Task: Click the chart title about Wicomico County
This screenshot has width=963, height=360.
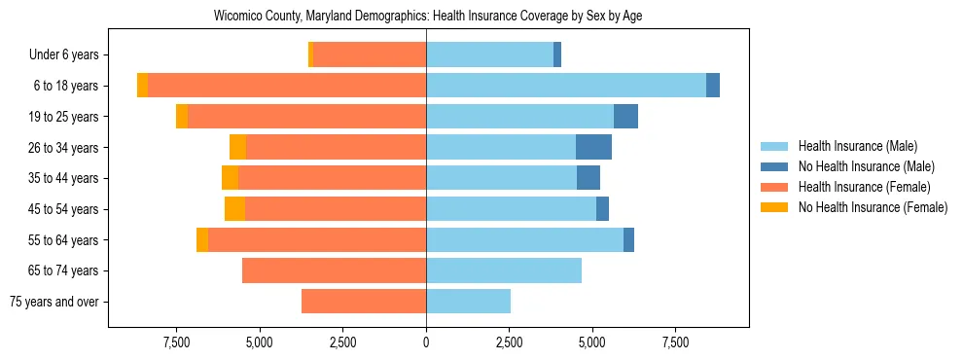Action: (x=428, y=17)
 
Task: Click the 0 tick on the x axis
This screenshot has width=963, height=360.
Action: (x=426, y=342)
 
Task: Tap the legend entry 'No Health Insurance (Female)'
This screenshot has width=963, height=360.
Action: (x=872, y=207)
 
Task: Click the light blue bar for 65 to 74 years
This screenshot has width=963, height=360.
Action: (x=504, y=270)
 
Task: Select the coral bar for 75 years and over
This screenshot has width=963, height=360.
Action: (x=364, y=302)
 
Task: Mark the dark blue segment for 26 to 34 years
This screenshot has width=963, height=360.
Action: (x=593, y=148)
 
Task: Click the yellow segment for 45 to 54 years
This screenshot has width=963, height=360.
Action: (x=234, y=209)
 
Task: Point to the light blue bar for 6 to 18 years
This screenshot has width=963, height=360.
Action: (x=566, y=86)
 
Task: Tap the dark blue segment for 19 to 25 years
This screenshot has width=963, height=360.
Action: (x=625, y=117)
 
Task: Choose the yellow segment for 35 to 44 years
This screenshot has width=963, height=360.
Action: (x=230, y=178)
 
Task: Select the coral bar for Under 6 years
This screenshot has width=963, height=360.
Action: (x=370, y=55)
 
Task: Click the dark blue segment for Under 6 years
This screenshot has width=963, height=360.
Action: (x=557, y=55)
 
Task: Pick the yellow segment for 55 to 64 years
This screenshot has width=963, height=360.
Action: (x=202, y=240)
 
